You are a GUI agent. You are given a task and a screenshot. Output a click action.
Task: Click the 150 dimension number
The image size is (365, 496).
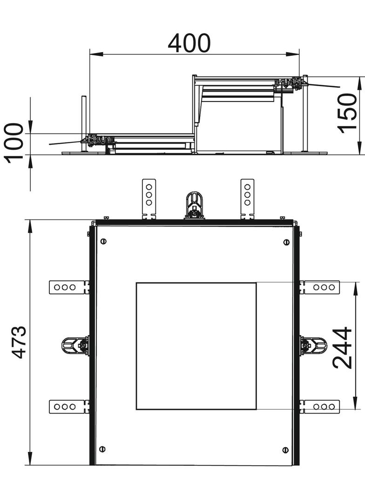pyautogui.click(x=347, y=114)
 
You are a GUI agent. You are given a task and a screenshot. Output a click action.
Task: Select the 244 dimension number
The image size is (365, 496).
pyautogui.click(x=343, y=348)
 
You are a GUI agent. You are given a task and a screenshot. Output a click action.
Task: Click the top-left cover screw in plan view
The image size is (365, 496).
pyautogui.click(x=103, y=241)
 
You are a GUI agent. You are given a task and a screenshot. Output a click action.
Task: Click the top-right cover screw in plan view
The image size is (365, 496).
pyautogui.click(x=286, y=242)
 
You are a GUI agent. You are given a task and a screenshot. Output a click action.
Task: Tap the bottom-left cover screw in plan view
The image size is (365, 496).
pyautogui.click(x=102, y=449)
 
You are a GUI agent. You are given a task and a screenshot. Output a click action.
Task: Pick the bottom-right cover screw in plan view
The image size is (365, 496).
pyautogui.click(x=285, y=449)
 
